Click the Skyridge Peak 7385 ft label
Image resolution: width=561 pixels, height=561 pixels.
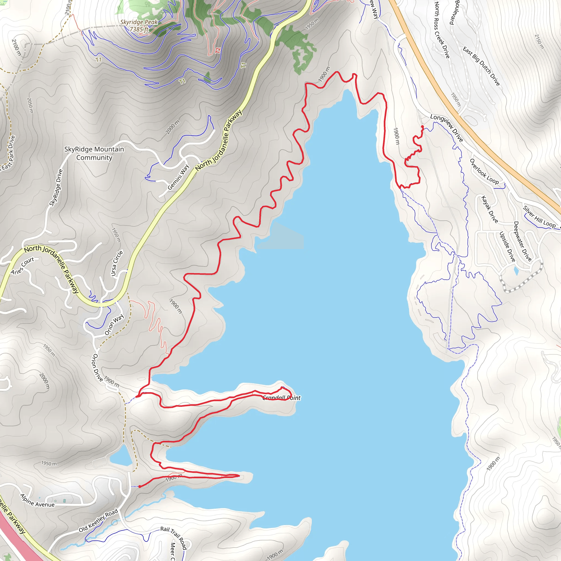139,25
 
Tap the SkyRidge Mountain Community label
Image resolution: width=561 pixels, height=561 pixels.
94,153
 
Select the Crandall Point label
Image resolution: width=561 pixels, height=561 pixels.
281,398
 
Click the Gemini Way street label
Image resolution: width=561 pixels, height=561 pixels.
178,178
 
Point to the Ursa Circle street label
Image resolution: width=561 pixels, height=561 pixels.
117,263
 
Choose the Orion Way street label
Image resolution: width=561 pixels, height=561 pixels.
114,325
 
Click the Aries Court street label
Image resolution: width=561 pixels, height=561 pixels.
22,265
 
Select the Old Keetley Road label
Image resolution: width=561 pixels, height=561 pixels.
98,520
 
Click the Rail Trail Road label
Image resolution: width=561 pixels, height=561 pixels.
174,538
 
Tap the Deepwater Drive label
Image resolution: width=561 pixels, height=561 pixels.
522,241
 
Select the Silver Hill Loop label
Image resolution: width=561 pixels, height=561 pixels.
539,217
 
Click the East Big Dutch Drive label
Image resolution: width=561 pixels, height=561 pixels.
481,67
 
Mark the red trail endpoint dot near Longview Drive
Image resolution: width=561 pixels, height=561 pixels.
422,127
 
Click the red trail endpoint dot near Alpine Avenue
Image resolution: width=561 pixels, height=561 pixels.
140,486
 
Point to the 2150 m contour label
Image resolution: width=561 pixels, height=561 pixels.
539,42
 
